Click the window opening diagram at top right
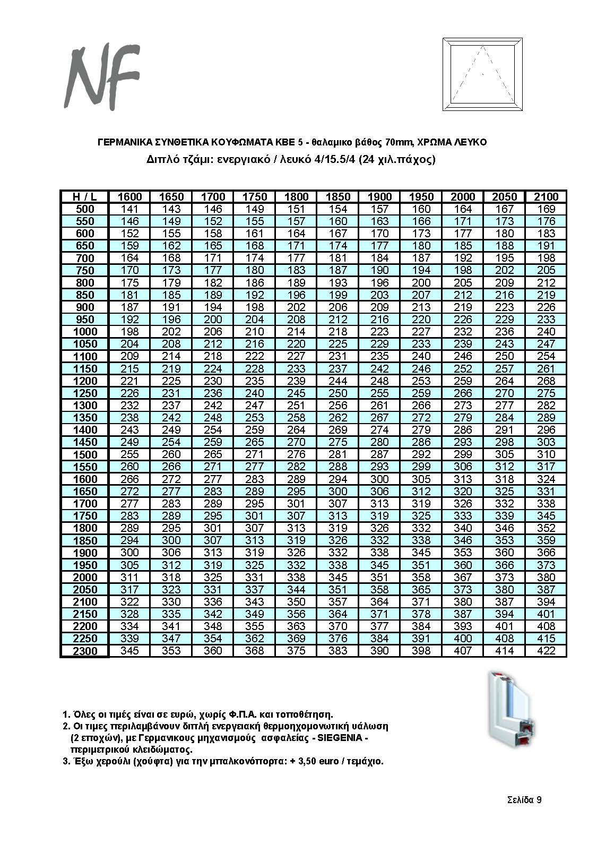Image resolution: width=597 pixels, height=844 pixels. (482, 75)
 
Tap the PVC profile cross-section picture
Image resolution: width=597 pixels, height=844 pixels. (511, 712)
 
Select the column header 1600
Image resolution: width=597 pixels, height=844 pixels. (130, 197)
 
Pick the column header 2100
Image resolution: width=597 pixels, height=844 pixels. (546, 197)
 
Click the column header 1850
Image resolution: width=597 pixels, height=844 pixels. (338, 197)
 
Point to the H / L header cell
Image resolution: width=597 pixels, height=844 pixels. (84, 197)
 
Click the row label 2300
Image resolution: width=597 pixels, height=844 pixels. (84, 651)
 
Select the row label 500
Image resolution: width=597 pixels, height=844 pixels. (84, 209)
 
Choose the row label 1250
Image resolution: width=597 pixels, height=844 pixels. (84, 393)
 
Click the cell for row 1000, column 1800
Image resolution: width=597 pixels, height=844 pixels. (296, 332)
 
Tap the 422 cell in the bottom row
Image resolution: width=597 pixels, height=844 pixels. (546, 651)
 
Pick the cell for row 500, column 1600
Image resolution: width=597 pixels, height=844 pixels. (130, 209)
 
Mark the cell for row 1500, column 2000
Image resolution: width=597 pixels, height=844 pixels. (463, 454)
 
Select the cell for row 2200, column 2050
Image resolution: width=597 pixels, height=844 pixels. (505, 626)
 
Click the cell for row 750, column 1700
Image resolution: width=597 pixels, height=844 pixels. (213, 271)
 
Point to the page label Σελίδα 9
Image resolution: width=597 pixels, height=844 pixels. (524, 800)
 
